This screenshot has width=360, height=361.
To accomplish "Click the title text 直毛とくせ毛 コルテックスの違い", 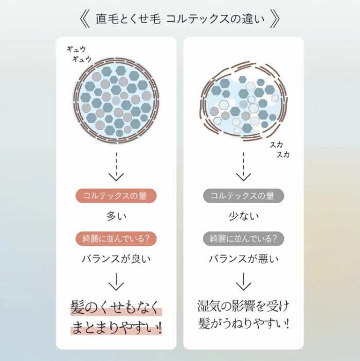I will [x=180, y=20].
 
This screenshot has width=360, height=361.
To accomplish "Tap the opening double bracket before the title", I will [x=85, y=20].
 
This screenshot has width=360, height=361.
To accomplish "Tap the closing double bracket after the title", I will [x=275, y=20].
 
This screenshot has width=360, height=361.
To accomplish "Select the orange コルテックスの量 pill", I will [x=116, y=196].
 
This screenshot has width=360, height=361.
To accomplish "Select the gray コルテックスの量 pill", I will [x=243, y=196].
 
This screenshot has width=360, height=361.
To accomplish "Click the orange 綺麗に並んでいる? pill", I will [x=116, y=239].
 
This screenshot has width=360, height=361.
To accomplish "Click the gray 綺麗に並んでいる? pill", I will [x=243, y=239].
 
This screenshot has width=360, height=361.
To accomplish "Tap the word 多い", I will [x=116, y=216].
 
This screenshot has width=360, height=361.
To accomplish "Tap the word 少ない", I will [x=243, y=216].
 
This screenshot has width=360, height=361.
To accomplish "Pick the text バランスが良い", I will [x=116, y=259].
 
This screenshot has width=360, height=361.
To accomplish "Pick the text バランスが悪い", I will [x=243, y=259].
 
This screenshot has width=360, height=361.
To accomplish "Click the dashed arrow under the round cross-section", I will [x=116, y=166].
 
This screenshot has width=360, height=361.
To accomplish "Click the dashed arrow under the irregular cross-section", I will [x=243, y=166].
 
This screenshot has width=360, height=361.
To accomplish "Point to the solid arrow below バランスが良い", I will [x=116, y=281].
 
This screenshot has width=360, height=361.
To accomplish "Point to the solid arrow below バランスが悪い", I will [x=243, y=281].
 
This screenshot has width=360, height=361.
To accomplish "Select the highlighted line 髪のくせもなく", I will [x=116, y=307].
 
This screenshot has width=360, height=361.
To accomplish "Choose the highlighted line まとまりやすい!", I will [x=116, y=328].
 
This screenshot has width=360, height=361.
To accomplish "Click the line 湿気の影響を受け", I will [x=243, y=306].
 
